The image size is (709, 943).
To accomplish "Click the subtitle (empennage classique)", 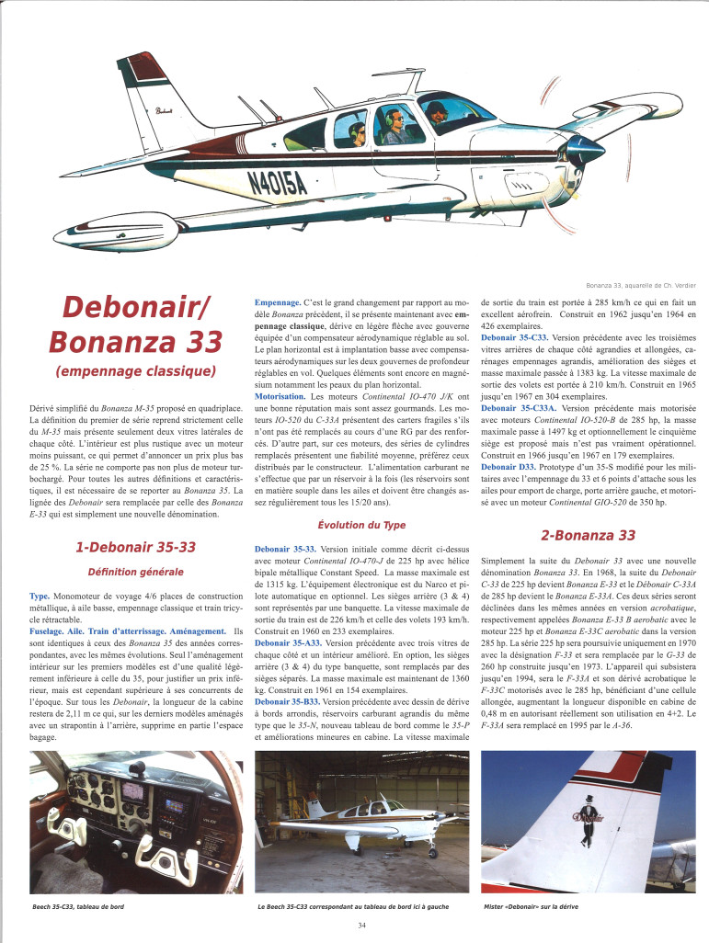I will pos(134,372).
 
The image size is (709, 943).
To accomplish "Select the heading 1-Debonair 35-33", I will pos(135,547).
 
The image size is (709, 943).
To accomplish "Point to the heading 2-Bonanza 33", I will pos(588,535).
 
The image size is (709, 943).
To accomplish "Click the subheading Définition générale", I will pos(135,573).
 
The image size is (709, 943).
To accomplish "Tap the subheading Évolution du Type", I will pos(361,525).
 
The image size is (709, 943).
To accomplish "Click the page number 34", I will pos(362,925).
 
